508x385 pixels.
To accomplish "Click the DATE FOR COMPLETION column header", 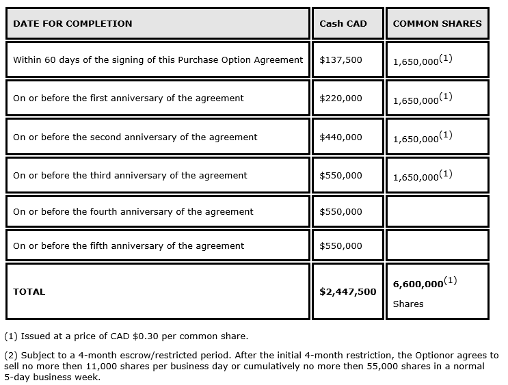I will pyautogui.click(x=72, y=23).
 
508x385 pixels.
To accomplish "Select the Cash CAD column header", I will pyautogui.click(x=343, y=23).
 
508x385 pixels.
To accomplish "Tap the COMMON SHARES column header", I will pyautogui.click(x=437, y=23).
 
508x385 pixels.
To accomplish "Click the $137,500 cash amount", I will pyautogui.click(x=340, y=59).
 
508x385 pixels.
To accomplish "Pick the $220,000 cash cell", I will pyautogui.click(x=340, y=98).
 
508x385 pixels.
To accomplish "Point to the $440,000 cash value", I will pyautogui.click(x=340, y=137).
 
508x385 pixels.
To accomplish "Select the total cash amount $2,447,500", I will pyautogui.click(x=347, y=291).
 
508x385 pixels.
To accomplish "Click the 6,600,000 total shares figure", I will pyautogui.click(x=417, y=284).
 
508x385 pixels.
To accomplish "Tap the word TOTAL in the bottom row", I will pyautogui.click(x=29, y=291).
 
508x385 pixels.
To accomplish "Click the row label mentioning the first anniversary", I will pyautogui.click(x=128, y=98).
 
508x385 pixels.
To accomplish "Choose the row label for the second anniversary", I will pyautogui.click(x=135, y=137).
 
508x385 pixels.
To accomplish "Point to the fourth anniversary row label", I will pyautogui.click(x=133, y=211).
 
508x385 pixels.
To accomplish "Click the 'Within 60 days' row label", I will pyautogui.click(x=157, y=59).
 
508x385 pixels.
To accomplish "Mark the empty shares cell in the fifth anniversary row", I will pyautogui.click(x=437, y=245).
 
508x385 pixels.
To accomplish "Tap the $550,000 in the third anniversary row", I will pyautogui.click(x=340, y=175).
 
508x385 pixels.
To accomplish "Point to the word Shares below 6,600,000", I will pyautogui.click(x=408, y=304).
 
